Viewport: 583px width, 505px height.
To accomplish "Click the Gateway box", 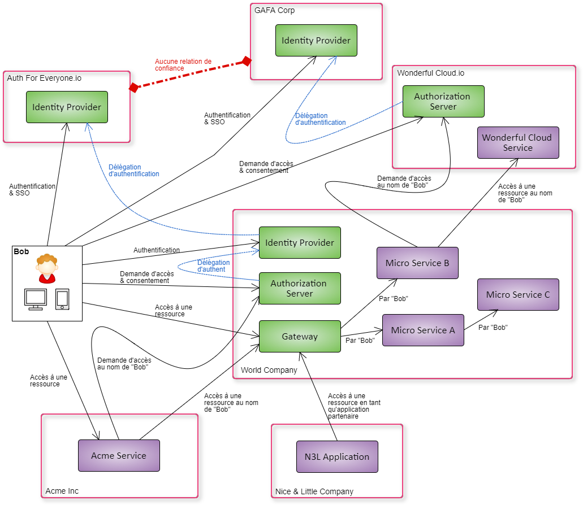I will point(300,337).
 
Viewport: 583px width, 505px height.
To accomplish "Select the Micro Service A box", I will point(423,330).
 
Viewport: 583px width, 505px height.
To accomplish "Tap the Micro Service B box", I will point(417,263).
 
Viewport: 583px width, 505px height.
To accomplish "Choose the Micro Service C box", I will point(518,295).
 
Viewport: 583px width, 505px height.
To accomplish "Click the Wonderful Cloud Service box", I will point(518,143).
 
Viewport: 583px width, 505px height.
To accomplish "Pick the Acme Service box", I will point(119,456).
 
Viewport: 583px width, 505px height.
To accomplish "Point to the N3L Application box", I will point(337,457).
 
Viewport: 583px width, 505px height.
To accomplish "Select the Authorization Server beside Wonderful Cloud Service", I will point(443,102).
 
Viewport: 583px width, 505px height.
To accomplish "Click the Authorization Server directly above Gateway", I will point(300,289).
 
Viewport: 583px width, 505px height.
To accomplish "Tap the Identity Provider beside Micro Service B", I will point(300,243).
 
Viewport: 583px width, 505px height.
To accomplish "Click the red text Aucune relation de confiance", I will point(183,64).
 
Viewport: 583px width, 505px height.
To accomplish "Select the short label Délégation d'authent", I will point(213,266).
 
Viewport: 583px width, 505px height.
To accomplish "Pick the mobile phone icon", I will point(62,299).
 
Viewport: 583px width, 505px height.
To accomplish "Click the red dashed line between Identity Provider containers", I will point(190,74).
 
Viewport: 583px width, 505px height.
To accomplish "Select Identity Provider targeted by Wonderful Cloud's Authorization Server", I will point(316,41).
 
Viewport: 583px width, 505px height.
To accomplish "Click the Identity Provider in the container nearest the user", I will point(67,107).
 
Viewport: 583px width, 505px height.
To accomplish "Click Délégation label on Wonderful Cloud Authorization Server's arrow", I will point(320,119).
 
